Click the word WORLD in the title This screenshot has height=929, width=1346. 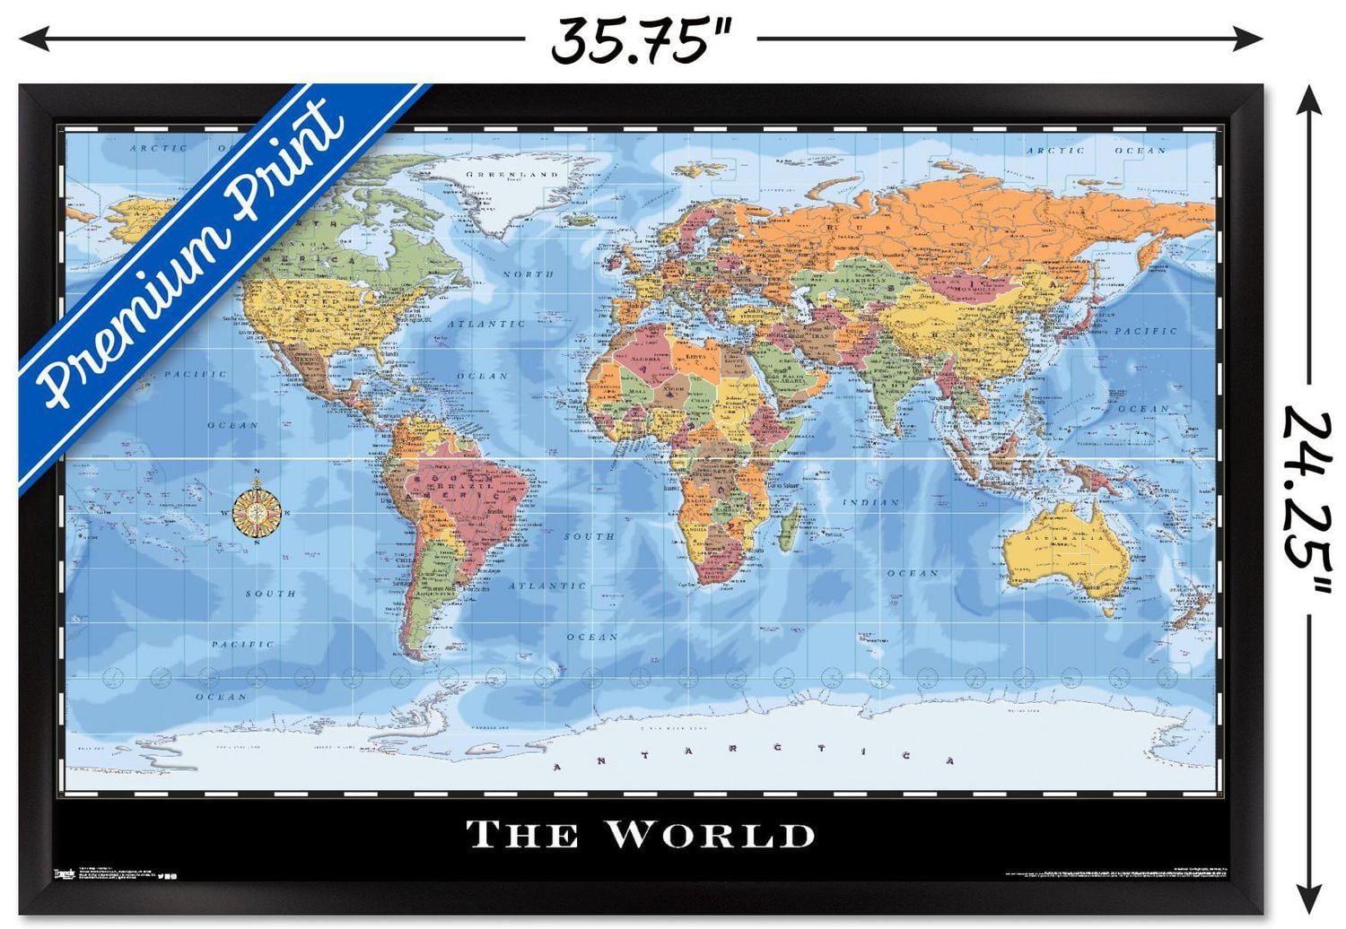(x=711, y=834)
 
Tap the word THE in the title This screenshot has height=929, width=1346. (x=522, y=835)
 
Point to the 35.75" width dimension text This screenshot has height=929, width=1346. (x=642, y=39)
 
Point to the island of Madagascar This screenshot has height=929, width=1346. (x=789, y=527)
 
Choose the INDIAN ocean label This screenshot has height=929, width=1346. (x=870, y=503)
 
